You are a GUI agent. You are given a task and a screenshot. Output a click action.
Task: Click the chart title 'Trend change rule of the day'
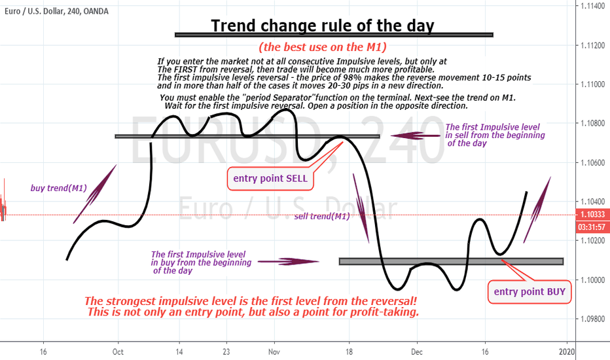tap(323, 26)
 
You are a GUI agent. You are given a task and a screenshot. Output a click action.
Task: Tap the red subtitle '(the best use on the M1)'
tap(323, 47)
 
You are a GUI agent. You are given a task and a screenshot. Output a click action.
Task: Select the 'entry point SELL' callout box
tap(270, 179)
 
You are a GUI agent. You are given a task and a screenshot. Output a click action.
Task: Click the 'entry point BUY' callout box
tap(529, 292)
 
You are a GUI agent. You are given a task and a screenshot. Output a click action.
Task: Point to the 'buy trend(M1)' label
tap(59, 189)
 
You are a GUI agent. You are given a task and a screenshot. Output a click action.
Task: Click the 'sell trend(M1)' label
tap(322, 217)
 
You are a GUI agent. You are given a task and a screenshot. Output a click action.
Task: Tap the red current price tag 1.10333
tap(592, 215)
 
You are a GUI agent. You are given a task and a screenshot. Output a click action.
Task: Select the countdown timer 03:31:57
tap(592, 227)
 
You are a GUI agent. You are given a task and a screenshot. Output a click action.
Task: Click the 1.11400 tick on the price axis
tap(592, 6)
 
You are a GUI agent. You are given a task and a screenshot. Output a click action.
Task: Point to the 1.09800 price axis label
tap(592, 319)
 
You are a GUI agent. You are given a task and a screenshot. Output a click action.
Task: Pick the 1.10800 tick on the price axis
tap(592, 123)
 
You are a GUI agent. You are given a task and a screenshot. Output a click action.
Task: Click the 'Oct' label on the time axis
tap(118, 352)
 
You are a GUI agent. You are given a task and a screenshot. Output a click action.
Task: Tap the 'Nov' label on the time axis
tap(274, 352)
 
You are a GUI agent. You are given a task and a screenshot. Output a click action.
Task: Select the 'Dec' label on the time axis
tap(417, 352)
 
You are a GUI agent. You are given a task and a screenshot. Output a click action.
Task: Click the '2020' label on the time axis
tap(566, 352)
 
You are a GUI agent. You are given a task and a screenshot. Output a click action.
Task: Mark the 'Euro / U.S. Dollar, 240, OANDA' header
tap(56, 11)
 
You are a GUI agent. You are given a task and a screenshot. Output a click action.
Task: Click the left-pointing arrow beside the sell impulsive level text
tap(416, 136)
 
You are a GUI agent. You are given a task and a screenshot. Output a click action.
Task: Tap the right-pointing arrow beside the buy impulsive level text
tap(288, 262)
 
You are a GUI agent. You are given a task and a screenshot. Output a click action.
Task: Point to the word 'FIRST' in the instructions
tap(185, 69)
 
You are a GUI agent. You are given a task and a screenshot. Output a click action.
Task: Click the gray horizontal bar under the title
tap(334, 35)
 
